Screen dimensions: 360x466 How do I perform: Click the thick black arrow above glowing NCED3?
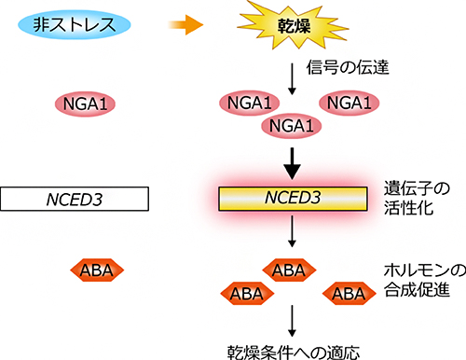293,166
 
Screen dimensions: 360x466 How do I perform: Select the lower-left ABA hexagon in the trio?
246,293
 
